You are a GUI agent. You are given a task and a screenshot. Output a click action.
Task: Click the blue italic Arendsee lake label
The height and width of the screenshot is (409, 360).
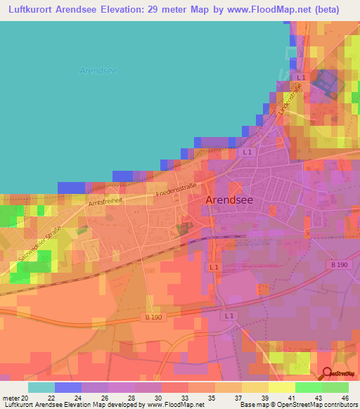coord(93,70)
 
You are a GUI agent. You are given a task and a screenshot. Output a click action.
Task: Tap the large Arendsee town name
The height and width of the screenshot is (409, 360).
coord(229,200)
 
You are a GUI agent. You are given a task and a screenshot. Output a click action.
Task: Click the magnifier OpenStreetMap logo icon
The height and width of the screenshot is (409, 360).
coord(326,375)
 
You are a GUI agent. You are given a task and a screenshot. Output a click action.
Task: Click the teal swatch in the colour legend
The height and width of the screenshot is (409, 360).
coord(41,387)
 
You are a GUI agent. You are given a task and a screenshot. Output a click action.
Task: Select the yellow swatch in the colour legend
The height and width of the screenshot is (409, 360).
coord(281,387)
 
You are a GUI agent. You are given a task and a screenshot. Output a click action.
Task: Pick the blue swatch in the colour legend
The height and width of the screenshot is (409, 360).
coord(68,387)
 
